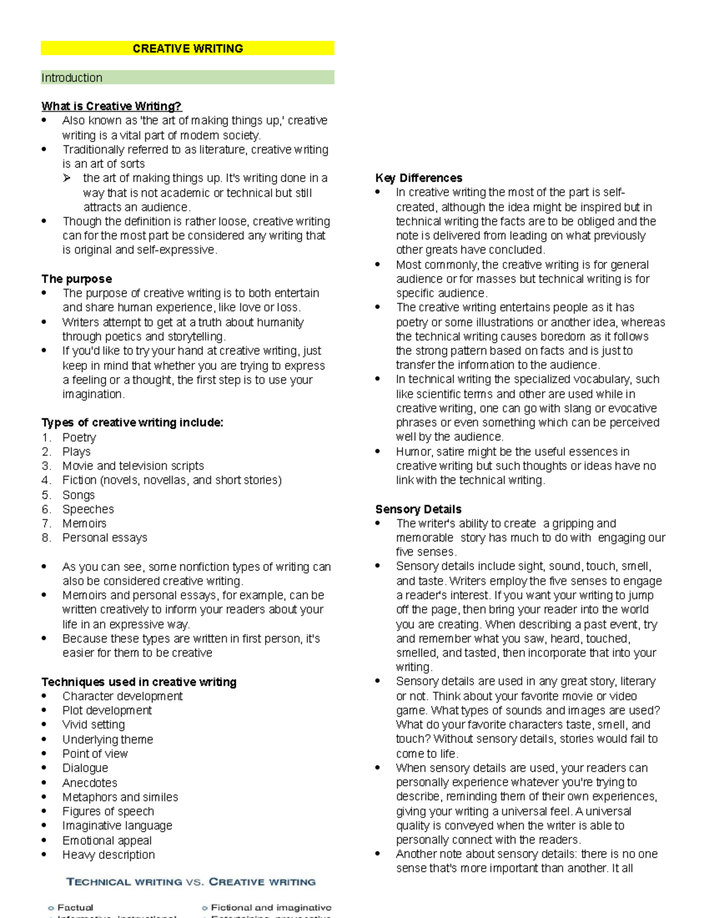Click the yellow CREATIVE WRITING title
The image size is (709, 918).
coord(187,48)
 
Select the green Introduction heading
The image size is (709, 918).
coord(72,78)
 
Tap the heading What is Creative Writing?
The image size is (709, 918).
coord(111,106)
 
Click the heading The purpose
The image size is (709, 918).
coord(76,279)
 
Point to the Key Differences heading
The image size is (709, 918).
coord(418,178)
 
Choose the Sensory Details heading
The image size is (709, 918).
coord(418,509)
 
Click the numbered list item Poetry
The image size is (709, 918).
coord(79,437)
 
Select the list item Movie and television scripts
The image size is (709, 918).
coord(133,466)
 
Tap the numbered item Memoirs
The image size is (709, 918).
coord(84,523)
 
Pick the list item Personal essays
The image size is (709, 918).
coord(105,538)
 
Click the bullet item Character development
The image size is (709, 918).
coord(122,696)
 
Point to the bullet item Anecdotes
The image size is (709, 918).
coord(90,783)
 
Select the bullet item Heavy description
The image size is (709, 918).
coord(109,855)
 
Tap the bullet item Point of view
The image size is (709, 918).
coord(95,754)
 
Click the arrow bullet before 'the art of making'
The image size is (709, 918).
coord(67,178)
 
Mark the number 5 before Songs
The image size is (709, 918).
coord(46,495)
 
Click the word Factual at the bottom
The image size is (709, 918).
coord(75,907)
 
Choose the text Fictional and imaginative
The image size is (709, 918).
coord(271,907)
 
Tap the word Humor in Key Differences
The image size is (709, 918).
coord(414,452)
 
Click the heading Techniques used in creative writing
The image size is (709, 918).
coord(139,682)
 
